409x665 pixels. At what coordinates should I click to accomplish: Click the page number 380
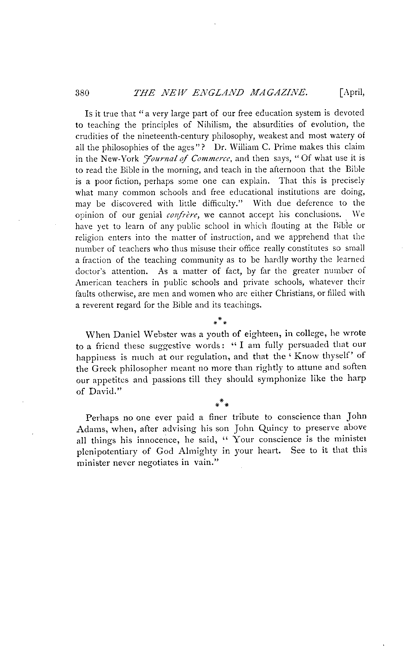point(82,93)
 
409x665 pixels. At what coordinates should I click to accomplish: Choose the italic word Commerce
point(212,159)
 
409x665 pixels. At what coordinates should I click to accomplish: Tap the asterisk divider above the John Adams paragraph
point(221,403)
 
